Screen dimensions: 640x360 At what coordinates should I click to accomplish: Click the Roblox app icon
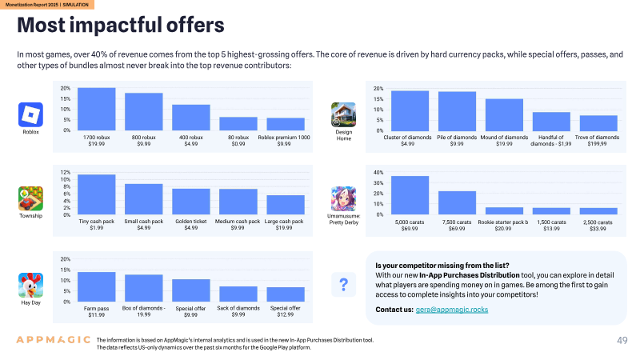tap(30, 114)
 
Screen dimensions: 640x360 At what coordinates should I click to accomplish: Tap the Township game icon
tap(30, 198)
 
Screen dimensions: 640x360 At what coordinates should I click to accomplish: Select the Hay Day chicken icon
tap(30, 286)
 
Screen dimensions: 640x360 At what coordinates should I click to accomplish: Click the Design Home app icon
tap(344, 114)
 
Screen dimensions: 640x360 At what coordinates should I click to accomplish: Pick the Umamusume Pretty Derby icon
tap(344, 198)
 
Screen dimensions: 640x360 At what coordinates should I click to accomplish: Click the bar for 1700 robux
tap(96, 109)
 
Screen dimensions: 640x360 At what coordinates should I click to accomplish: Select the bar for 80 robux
tap(238, 124)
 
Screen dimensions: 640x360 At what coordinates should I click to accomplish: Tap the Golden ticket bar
tap(191, 202)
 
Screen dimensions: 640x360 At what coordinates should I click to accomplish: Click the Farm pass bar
tap(96, 287)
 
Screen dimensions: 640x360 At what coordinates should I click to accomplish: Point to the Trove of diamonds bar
tap(598, 123)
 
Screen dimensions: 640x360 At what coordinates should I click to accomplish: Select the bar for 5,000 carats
tap(410, 195)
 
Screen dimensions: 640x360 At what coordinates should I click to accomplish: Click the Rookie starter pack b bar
tap(504, 211)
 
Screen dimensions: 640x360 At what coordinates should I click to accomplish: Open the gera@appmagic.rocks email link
tap(452, 310)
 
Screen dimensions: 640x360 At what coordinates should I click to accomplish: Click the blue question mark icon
tap(344, 285)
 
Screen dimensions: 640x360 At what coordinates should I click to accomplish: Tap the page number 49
tap(622, 341)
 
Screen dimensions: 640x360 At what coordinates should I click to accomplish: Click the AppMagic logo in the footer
tap(53, 339)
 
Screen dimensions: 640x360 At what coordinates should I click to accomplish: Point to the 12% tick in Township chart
tap(66, 172)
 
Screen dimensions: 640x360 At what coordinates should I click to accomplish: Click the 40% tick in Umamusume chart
tap(378, 173)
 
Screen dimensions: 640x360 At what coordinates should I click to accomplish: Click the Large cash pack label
tap(284, 222)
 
